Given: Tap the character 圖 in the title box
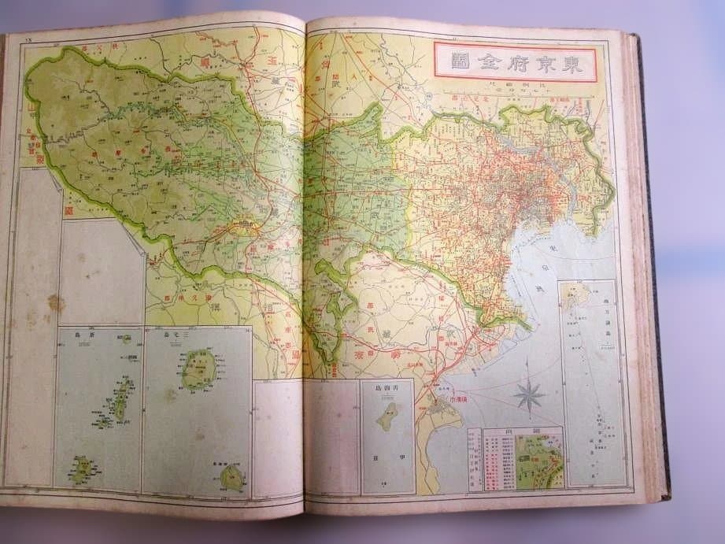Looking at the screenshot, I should (x=461, y=62).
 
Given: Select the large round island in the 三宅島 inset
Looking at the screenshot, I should (x=198, y=370).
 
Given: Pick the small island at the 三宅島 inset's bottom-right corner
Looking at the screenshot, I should (x=232, y=476).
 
